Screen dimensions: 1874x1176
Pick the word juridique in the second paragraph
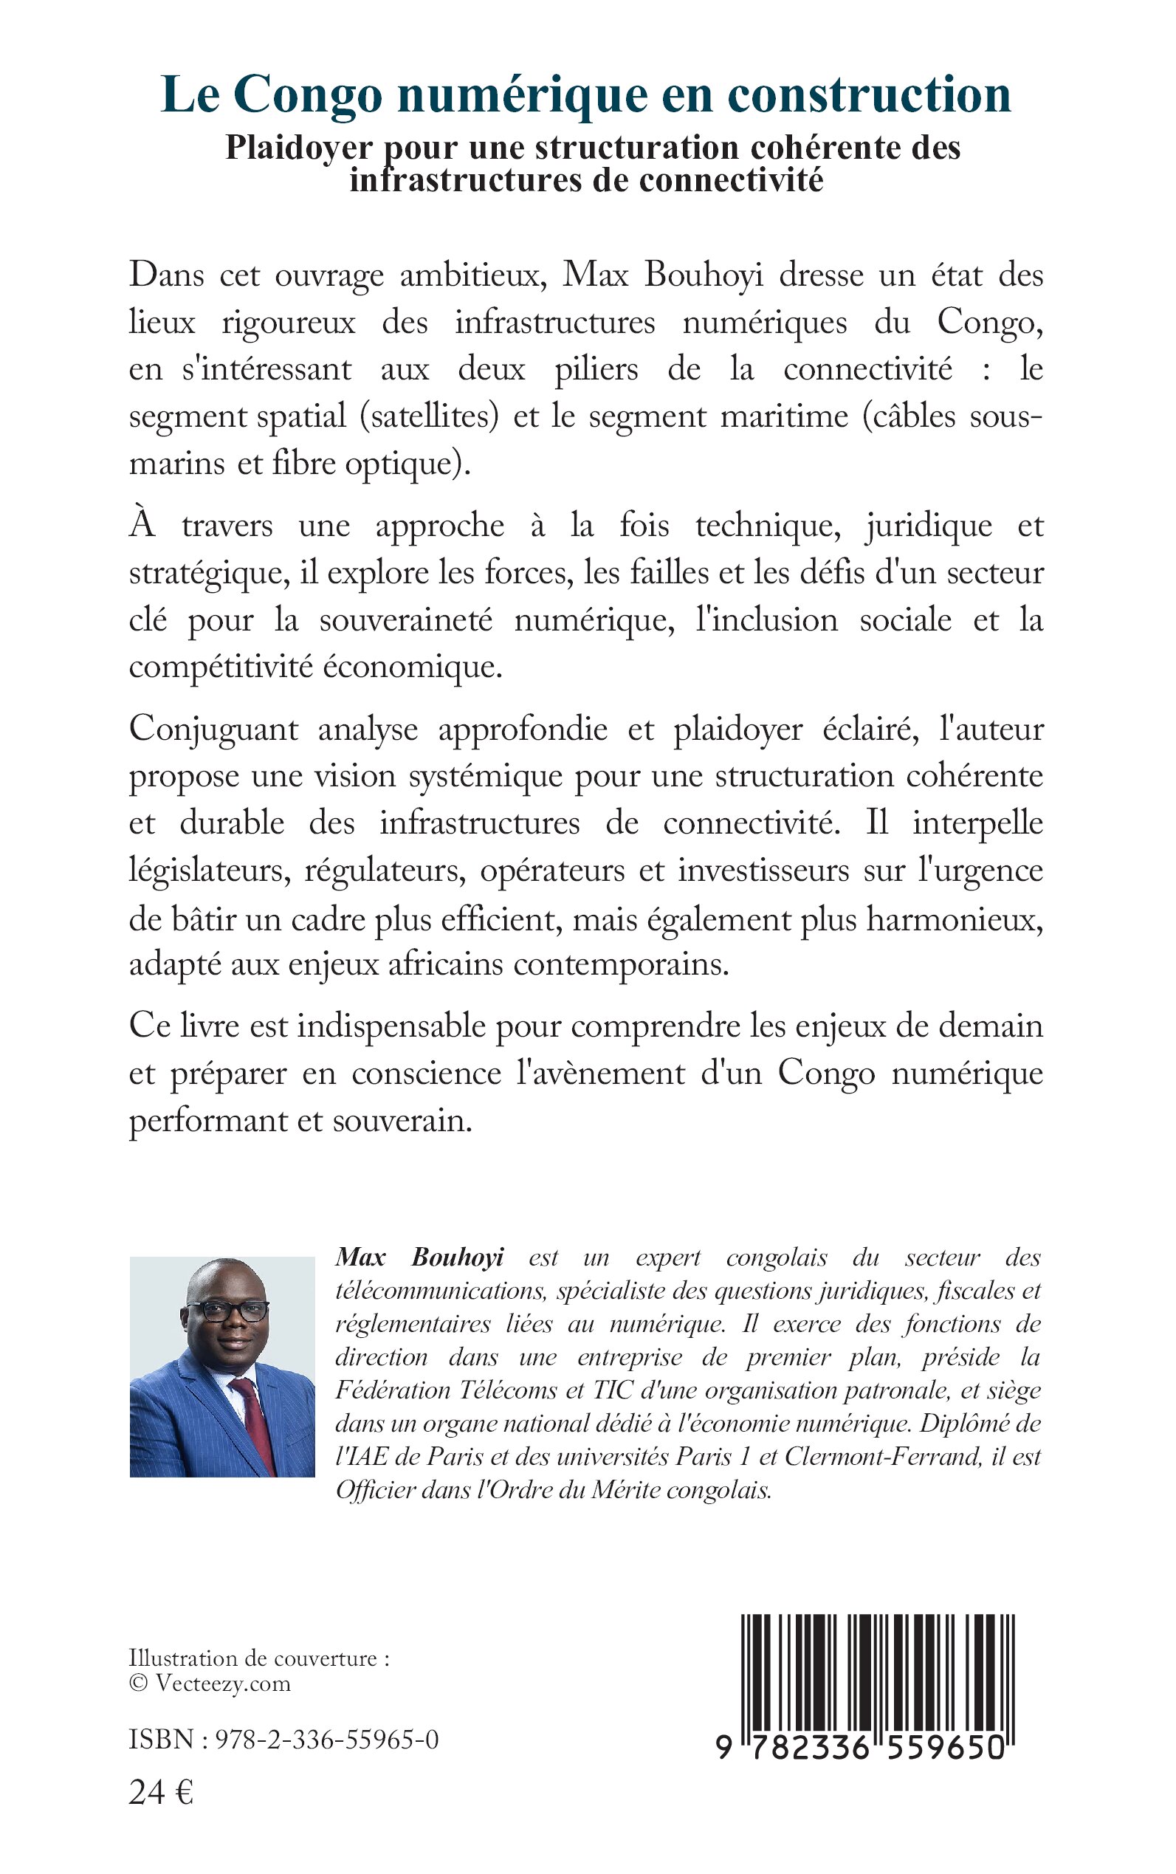pos(929,526)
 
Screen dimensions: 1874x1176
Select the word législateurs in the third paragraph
pos(210,871)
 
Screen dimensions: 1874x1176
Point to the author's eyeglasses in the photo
pos(227,1310)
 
